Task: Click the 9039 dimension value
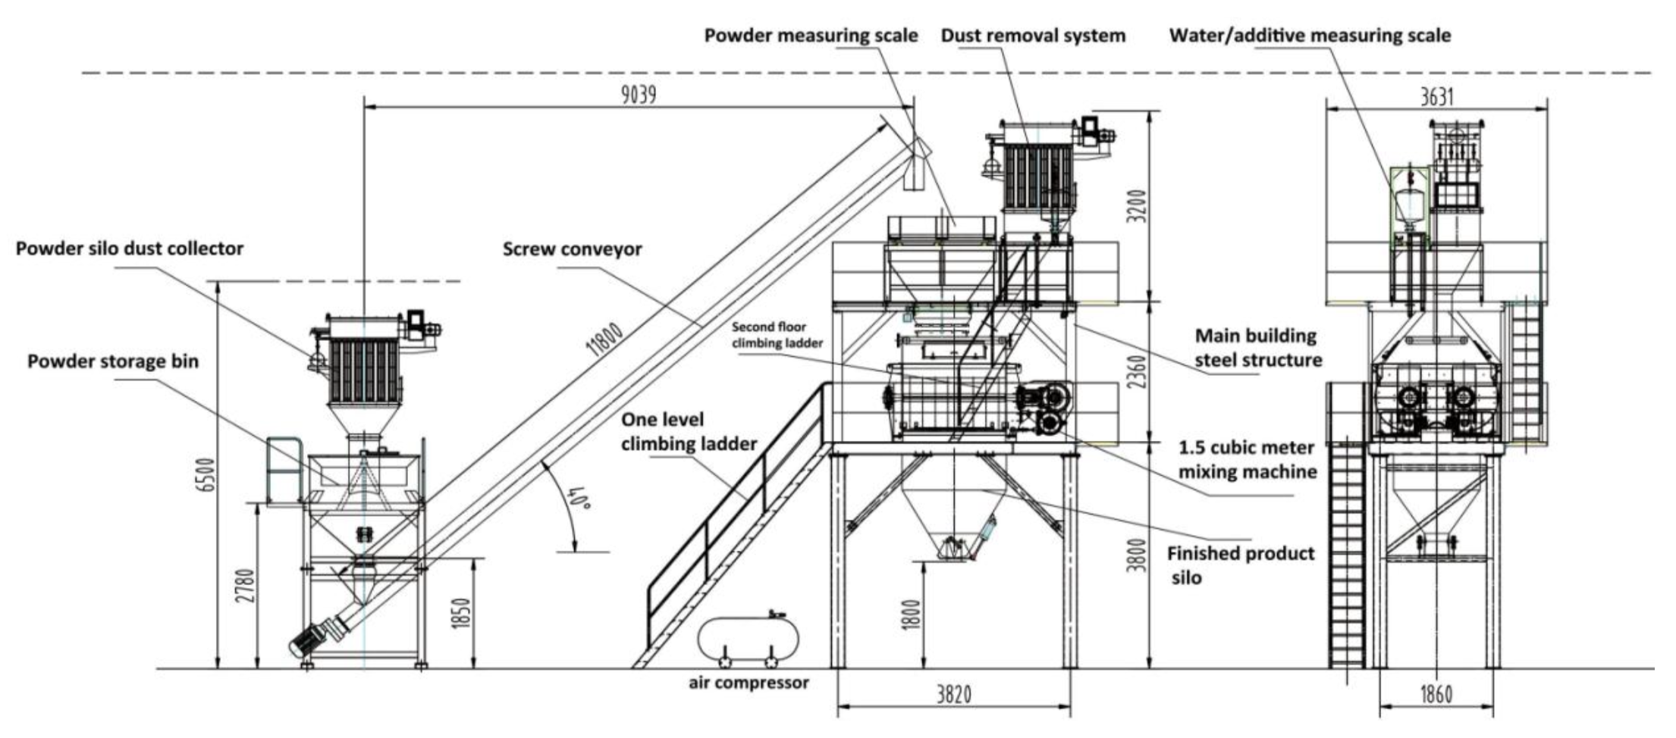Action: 639,95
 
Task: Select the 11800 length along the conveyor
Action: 604,340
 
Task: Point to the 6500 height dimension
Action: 206,474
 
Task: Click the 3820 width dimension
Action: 953,694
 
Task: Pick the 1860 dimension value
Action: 1436,694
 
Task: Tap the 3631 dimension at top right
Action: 1437,96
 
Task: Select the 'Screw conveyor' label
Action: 573,249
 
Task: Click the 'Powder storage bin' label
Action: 113,361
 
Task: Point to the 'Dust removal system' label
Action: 1033,36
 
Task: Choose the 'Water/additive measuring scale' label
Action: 1310,36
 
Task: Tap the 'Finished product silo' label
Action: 1241,565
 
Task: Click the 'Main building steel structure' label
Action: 1258,348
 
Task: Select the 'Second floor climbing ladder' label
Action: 777,335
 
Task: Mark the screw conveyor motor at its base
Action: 309,639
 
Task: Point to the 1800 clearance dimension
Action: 912,614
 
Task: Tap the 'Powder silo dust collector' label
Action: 130,249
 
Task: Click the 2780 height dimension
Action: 245,585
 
